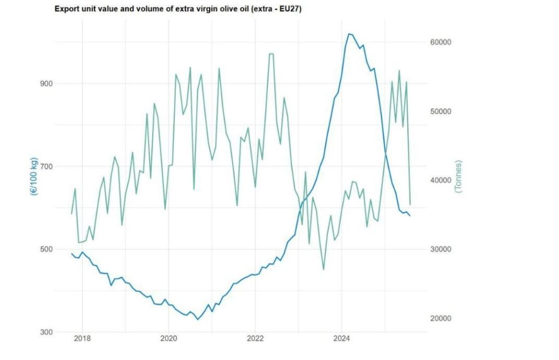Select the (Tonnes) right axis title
458,176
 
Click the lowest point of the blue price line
198,319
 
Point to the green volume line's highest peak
270,53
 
